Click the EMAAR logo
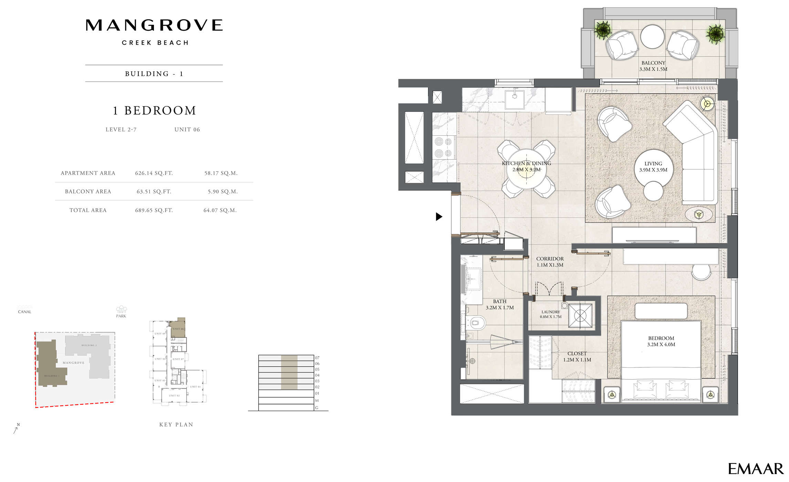755,469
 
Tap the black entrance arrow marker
439,217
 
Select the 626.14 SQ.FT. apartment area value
154,173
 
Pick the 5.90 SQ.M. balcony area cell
222,191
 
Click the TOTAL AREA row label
88,210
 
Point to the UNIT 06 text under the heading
187,129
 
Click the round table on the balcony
652,36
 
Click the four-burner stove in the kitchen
443,147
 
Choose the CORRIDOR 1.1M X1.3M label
550,262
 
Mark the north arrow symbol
16,429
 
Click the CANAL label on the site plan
24,312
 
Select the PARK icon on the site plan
121,309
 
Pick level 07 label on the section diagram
317,358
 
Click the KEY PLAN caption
176,425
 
